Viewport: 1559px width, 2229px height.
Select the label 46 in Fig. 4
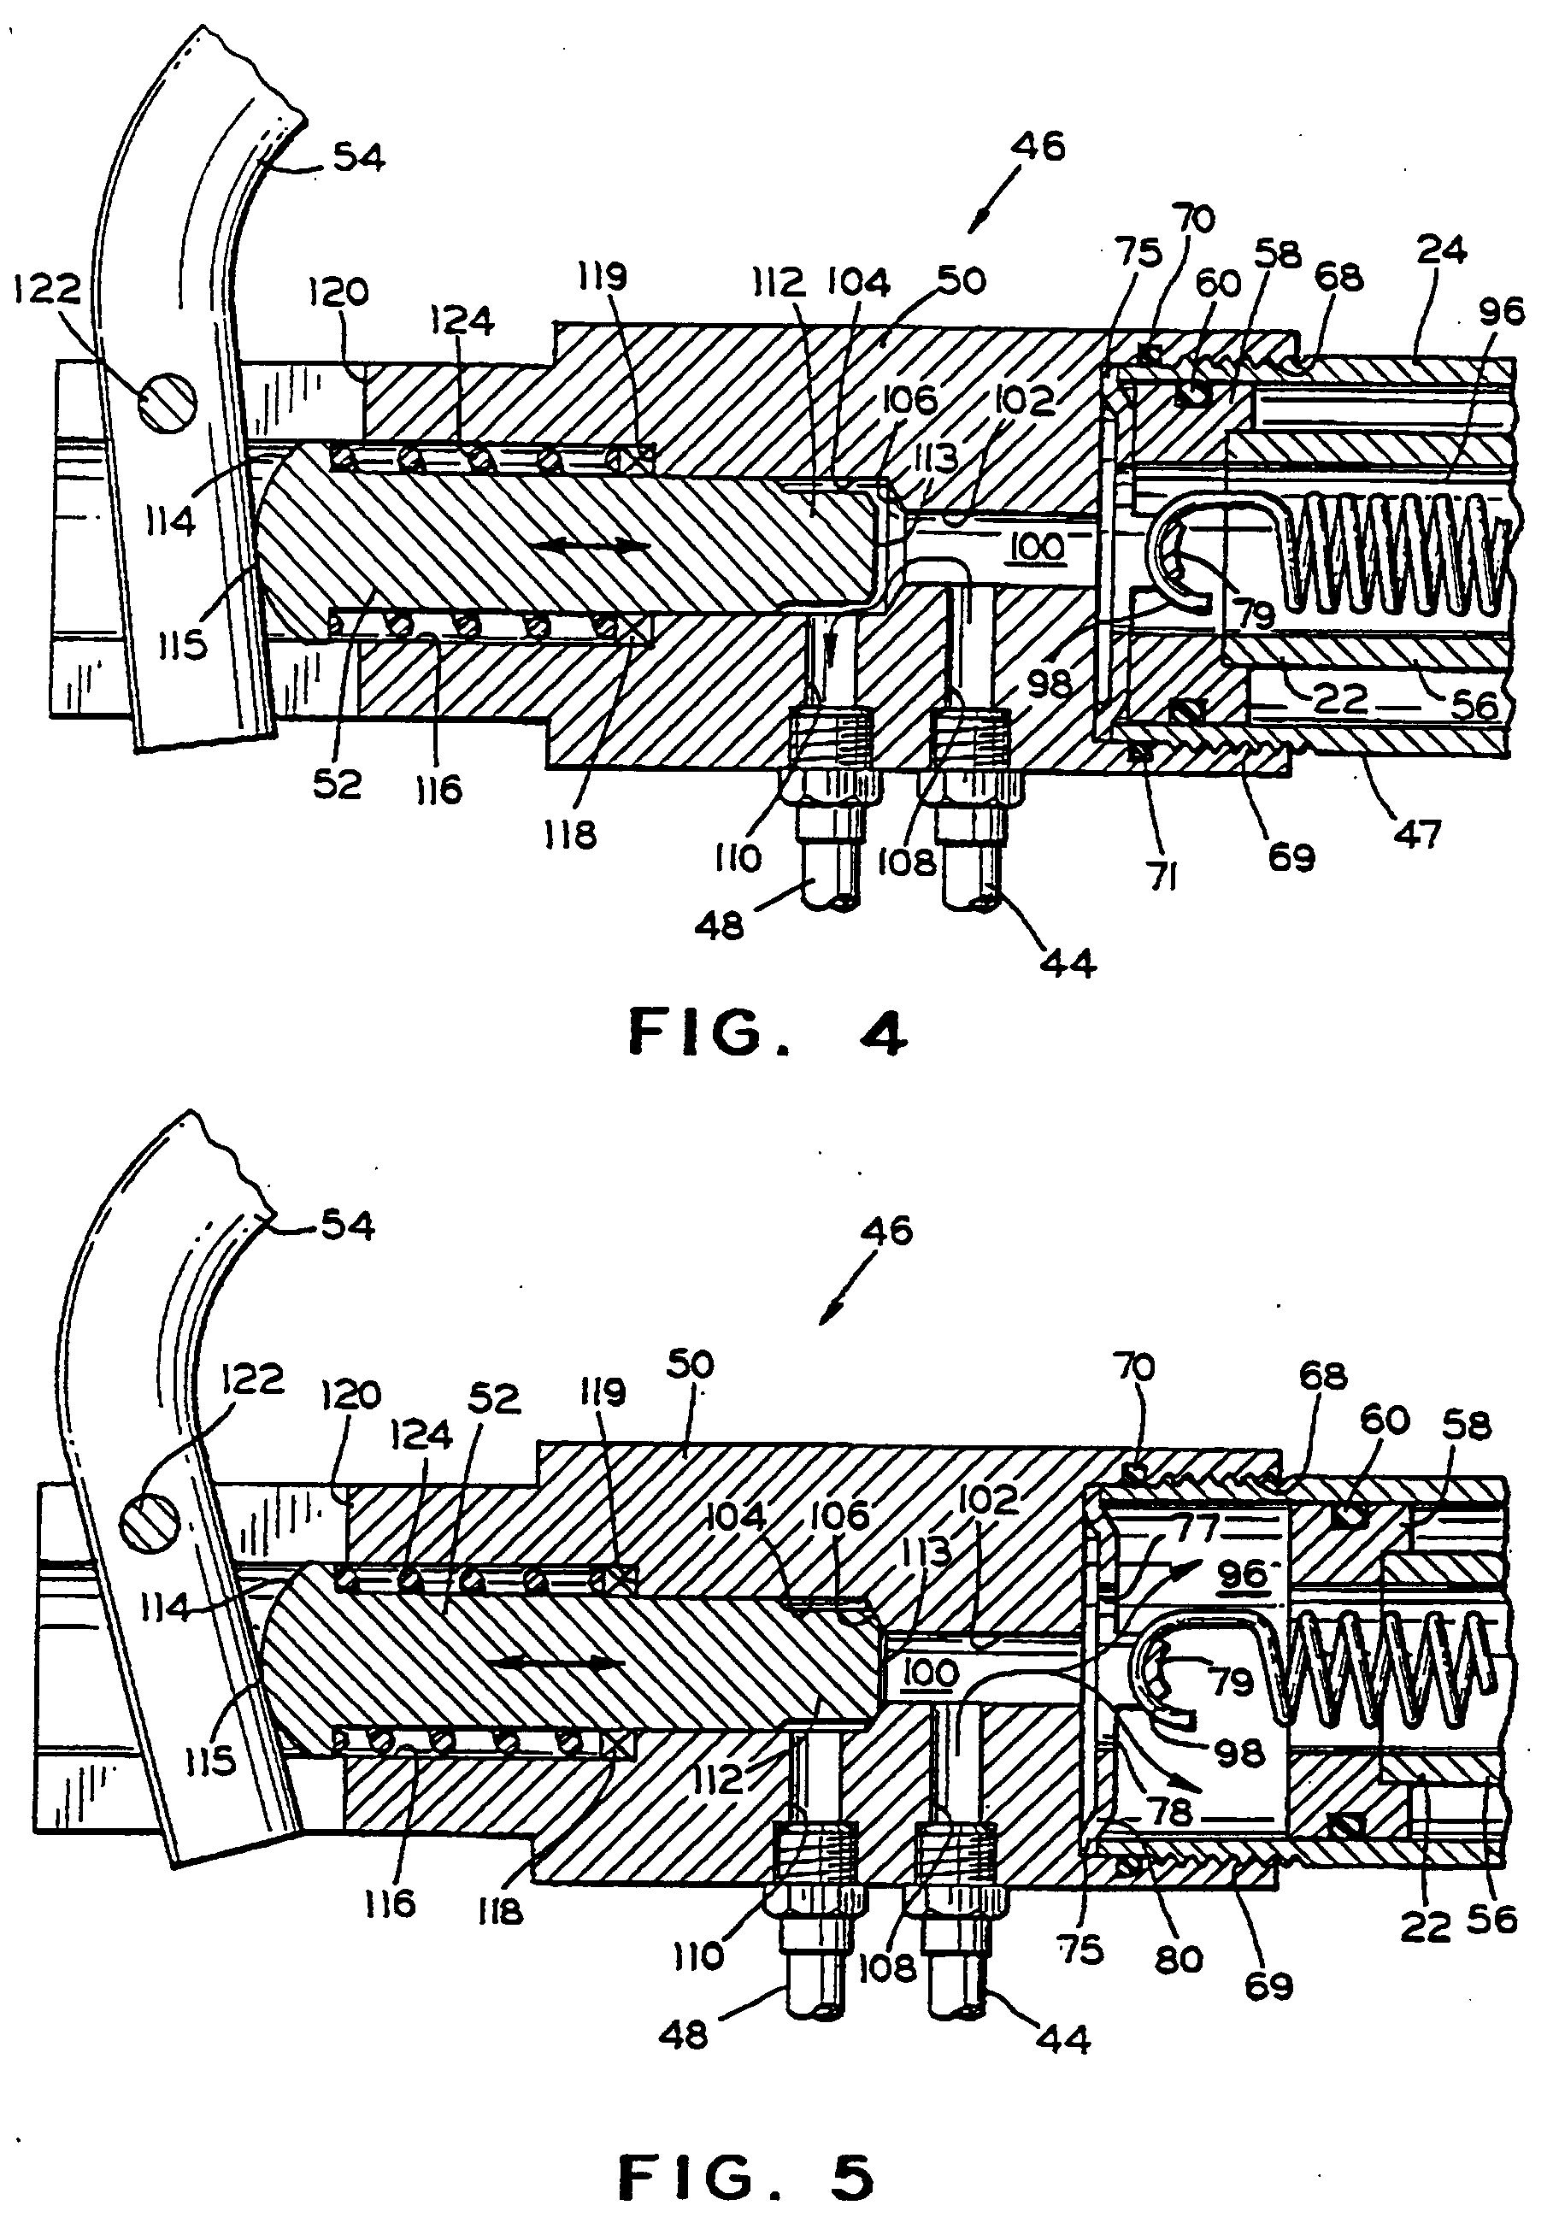[1038, 147]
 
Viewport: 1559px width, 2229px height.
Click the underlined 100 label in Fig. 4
[1038, 548]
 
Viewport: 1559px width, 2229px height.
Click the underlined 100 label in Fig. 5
[931, 1672]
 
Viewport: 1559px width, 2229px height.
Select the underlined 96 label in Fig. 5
[1244, 1573]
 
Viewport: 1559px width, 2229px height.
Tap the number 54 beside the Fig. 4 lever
[359, 156]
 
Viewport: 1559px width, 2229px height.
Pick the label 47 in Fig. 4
[1418, 833]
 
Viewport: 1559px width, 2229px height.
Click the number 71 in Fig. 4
[1165, 878]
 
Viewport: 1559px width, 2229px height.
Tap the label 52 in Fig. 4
[337, 785]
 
